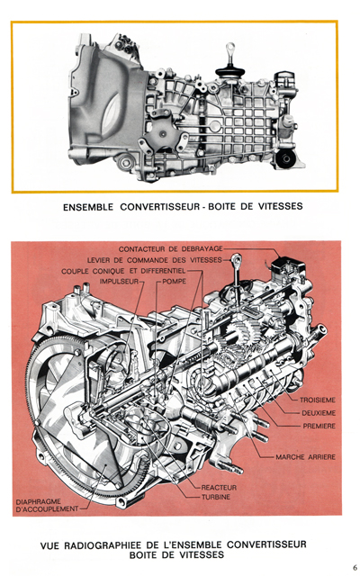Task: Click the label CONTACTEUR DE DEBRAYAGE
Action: tap(169, 247)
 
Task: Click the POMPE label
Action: tap(175, 282)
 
